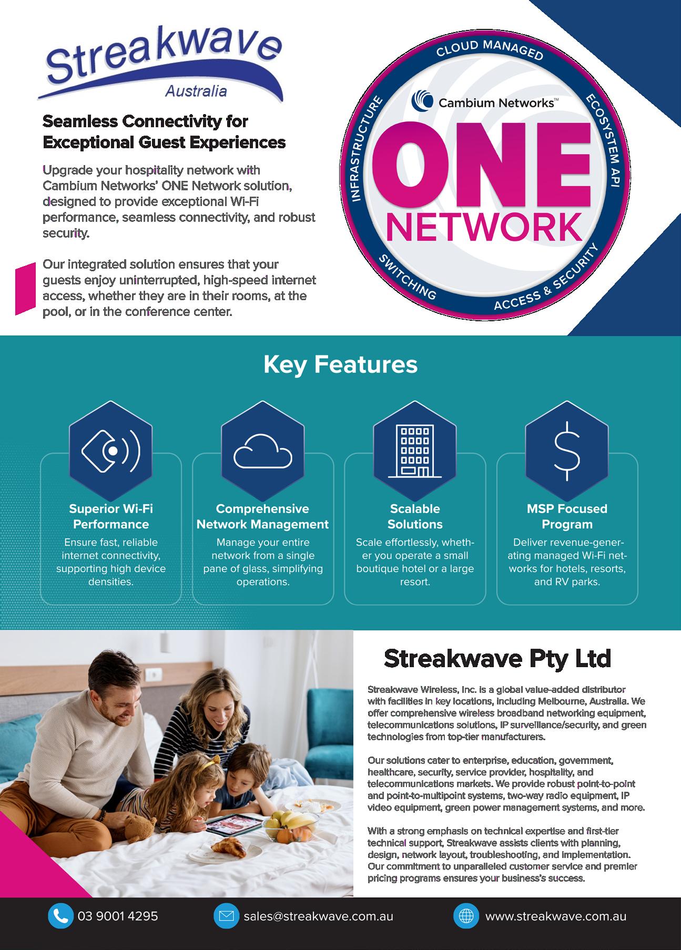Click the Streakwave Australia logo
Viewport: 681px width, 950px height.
[x=160, y=66]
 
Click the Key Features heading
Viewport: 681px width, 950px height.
[x=340, y=364]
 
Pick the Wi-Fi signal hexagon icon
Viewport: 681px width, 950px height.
[x=111, y=450]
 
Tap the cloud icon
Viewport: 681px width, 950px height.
[x=263, y=451]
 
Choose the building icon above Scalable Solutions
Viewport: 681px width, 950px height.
[x=415, y=451]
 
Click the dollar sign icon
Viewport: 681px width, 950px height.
[x=567, y=451]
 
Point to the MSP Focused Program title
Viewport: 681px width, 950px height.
[x=567, y=516]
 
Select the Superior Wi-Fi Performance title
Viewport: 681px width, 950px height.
[x=111, y=516]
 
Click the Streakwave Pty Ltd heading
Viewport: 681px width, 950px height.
[x=497, y=658]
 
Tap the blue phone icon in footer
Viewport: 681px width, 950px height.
[x=60, y=915]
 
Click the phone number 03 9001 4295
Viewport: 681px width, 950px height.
[x=118, y=915]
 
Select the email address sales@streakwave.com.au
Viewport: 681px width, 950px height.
[x=318, y=915]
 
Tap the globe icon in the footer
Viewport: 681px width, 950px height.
[x=466, y=915]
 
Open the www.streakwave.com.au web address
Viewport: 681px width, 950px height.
[x=555, y=915]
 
